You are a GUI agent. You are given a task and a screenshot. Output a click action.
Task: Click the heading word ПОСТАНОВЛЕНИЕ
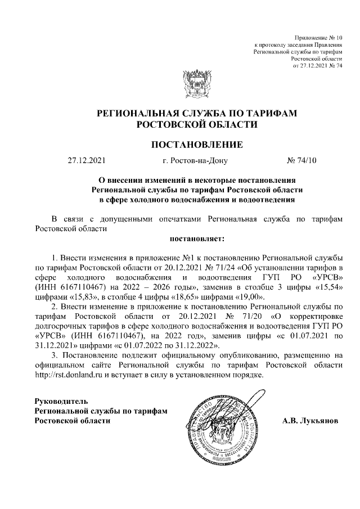[x=197, y=145]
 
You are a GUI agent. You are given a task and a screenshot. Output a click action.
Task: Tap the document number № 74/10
[x=302, y=161]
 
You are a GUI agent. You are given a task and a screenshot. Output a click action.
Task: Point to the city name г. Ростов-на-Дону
[x=195, y=161]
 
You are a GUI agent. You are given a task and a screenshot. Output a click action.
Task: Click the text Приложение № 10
[x=318, y=37]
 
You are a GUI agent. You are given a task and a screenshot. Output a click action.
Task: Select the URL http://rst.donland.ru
[x=69, y=375]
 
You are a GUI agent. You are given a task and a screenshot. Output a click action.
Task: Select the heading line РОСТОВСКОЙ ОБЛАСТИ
[x=197, y=124]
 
